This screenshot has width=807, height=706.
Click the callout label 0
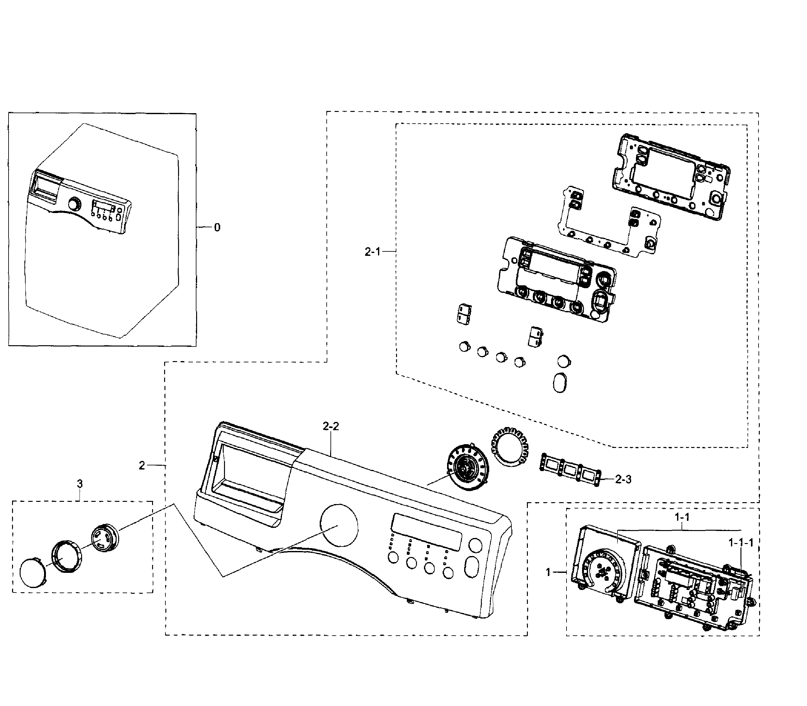[x=217, y=227]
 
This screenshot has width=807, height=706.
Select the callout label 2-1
[x=372, y=251]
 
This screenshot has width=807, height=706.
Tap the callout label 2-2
[x=331, y=426]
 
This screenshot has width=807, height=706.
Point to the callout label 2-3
[x=623, y=479]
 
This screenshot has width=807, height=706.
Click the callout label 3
[x=80, y=483]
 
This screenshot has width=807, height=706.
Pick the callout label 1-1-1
[x=741, y=543]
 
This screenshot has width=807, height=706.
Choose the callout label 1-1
[x=682, y=517]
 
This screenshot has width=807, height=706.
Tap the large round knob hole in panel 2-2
[x=339, y=525]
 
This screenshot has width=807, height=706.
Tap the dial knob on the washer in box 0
[x=74, y=204]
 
